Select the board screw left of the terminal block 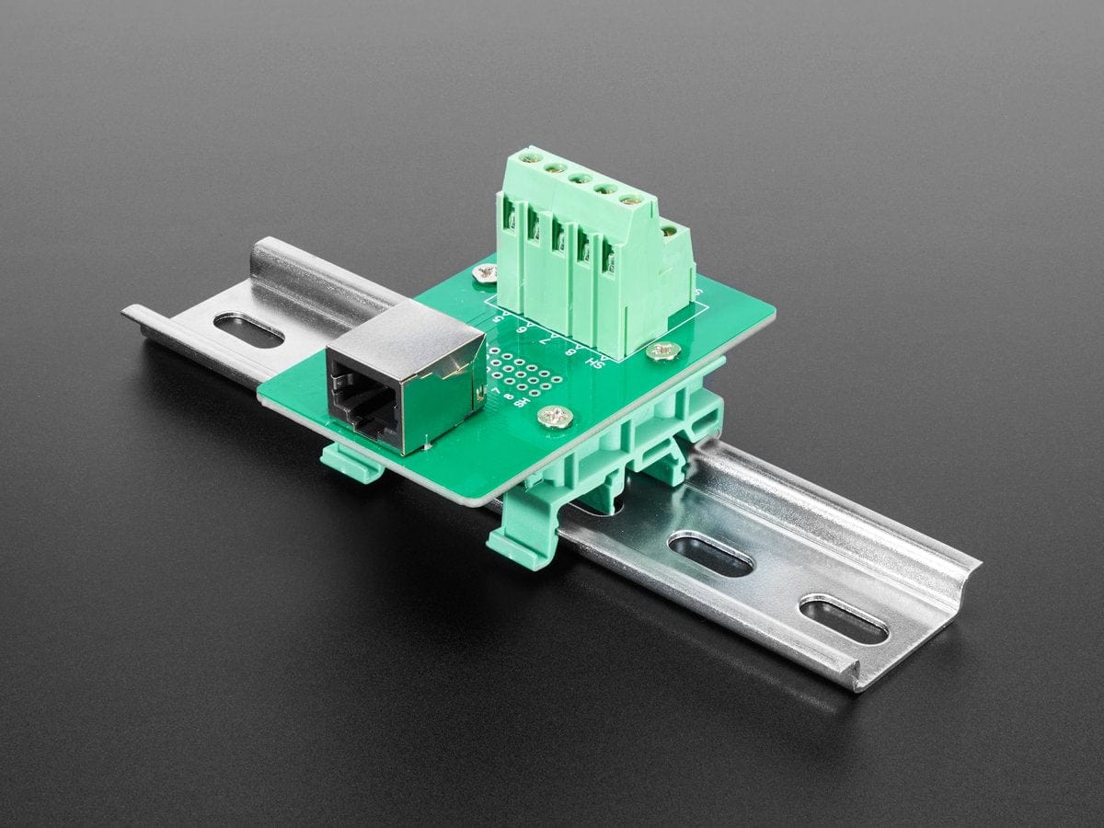coord(485,271)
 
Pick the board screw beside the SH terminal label coord(662,350)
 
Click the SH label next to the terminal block coord(598,362)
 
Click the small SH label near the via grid coord(523,402)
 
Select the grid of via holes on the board coord(523,373)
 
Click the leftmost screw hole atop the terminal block coord(527,158)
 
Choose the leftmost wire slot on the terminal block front coord(509,217)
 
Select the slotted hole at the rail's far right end coord(843,619)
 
